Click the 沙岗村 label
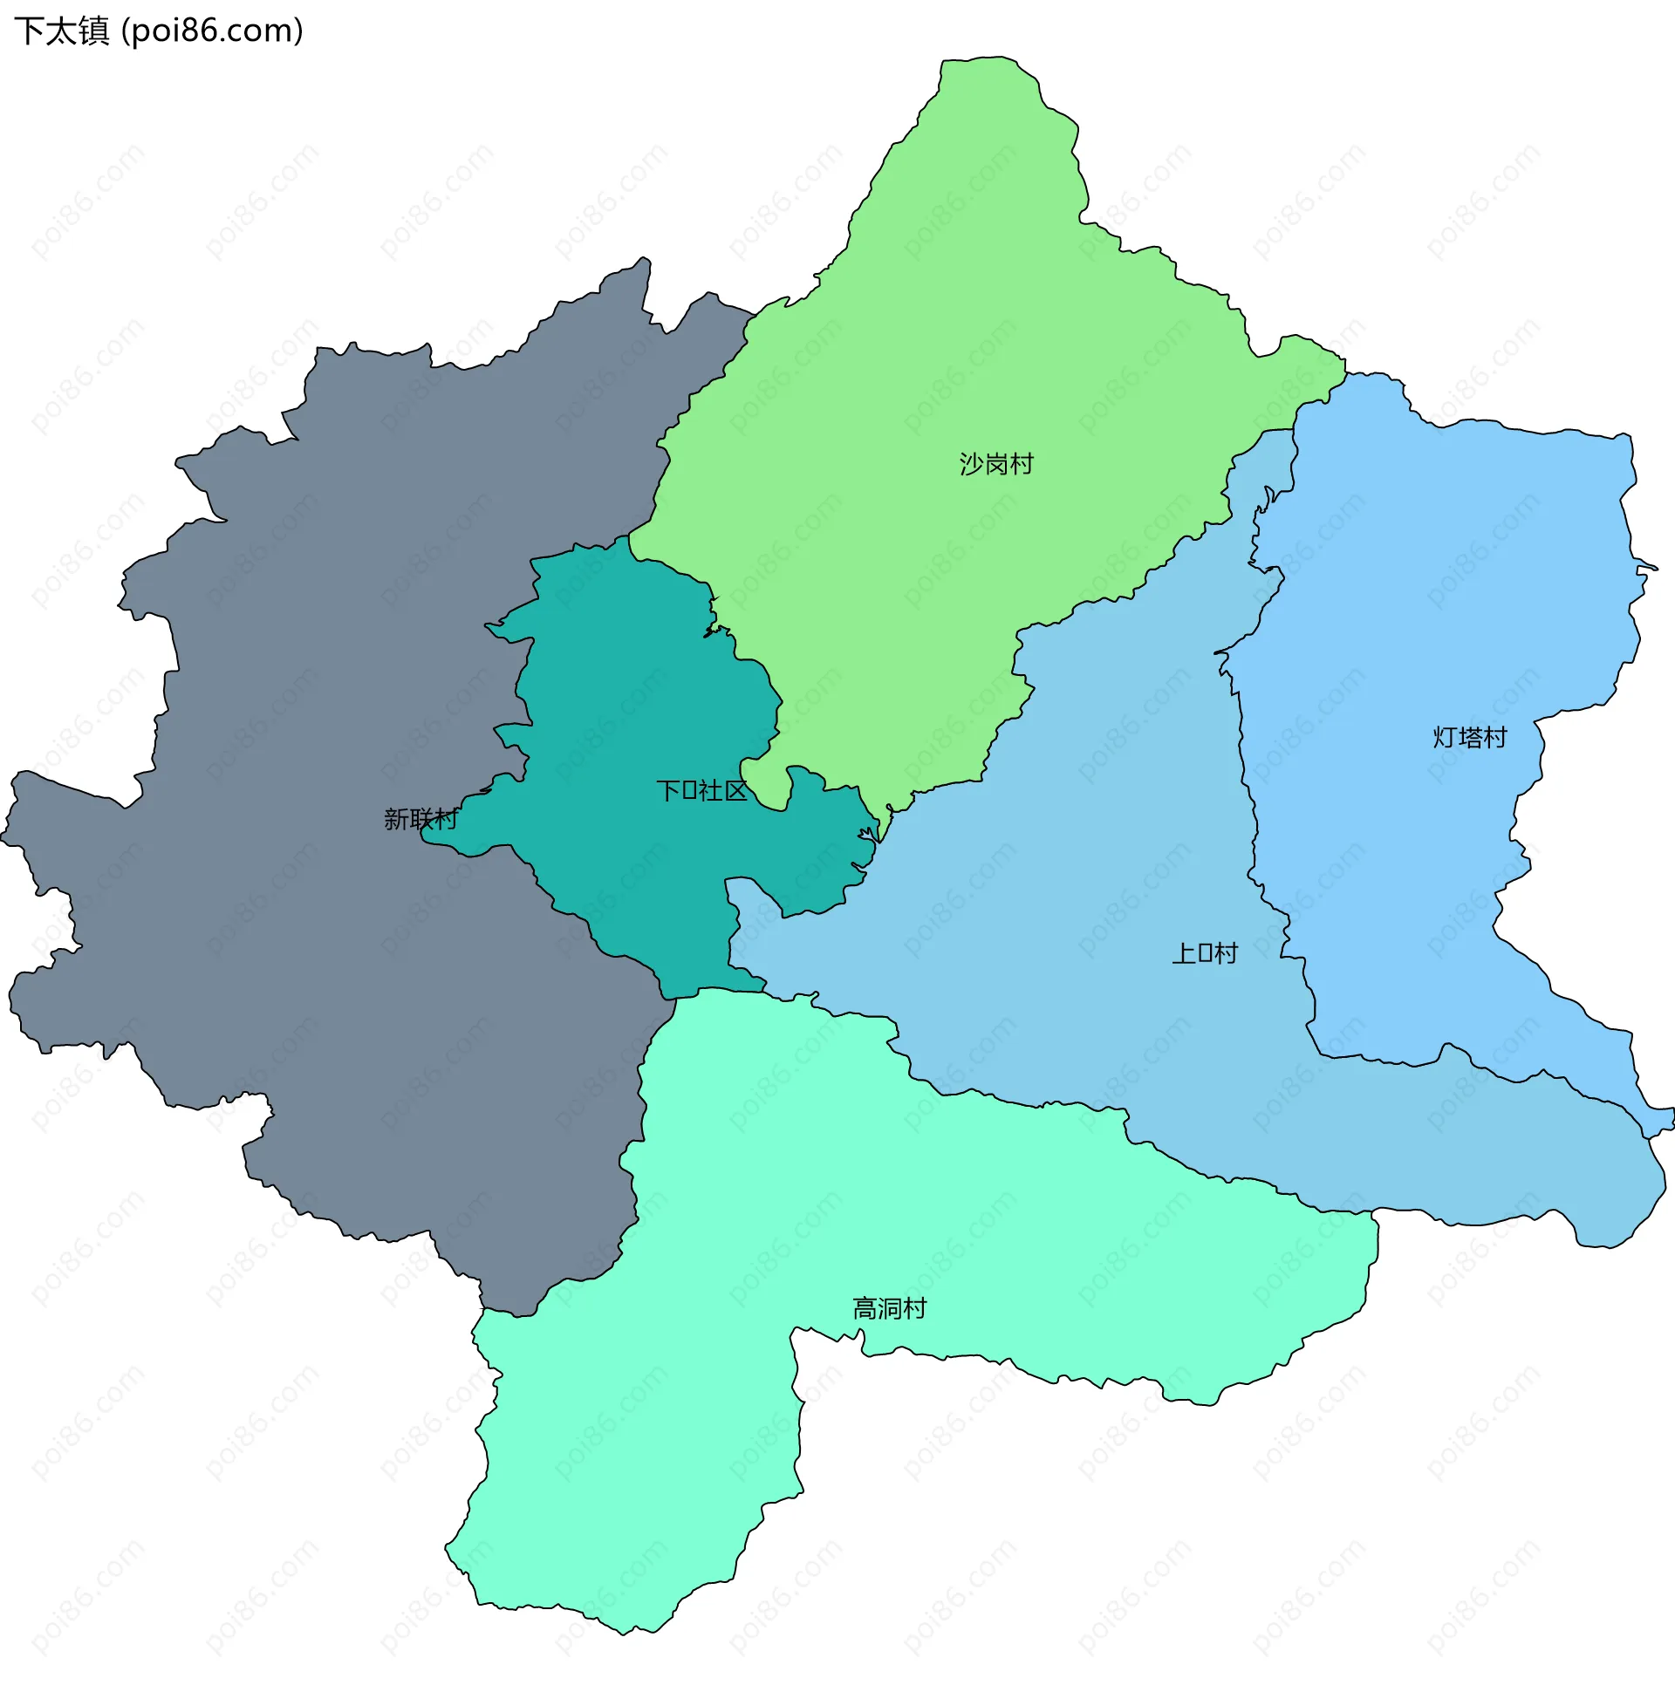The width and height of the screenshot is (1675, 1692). tap(996, 463)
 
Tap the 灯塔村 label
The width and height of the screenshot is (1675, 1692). tap(1469, 737)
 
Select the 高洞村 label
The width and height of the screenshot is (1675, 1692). tap(889, 1308)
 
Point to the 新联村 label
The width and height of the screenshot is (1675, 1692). tap(420, 819)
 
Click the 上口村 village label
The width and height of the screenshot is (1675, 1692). tap(1205, 953)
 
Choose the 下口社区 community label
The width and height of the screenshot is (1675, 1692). tap(701, 791)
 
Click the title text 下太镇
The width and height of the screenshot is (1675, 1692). tap(61, 31)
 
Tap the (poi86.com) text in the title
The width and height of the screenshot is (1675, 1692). tap(213, 31)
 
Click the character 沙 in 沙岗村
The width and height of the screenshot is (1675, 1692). tap(972, 463)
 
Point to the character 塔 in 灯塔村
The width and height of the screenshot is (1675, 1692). tap(1469, 737)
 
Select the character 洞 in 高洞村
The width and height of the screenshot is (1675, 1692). tap(889, 1308)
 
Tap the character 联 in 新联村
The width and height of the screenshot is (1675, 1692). tap(420, 819)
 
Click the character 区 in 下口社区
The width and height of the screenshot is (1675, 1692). tap(737, 791)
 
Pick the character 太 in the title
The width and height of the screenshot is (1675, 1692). tap(61, 31)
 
